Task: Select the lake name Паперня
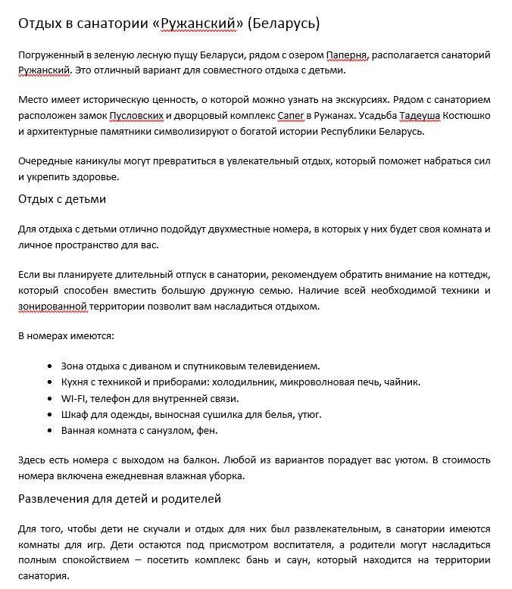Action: [x=347, y=55]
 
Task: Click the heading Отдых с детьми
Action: [x=62, y=199]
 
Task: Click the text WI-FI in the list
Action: [x=74, y=398]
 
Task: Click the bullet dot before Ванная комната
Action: [x=50, y=431]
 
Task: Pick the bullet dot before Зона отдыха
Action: [x=50, y=366]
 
